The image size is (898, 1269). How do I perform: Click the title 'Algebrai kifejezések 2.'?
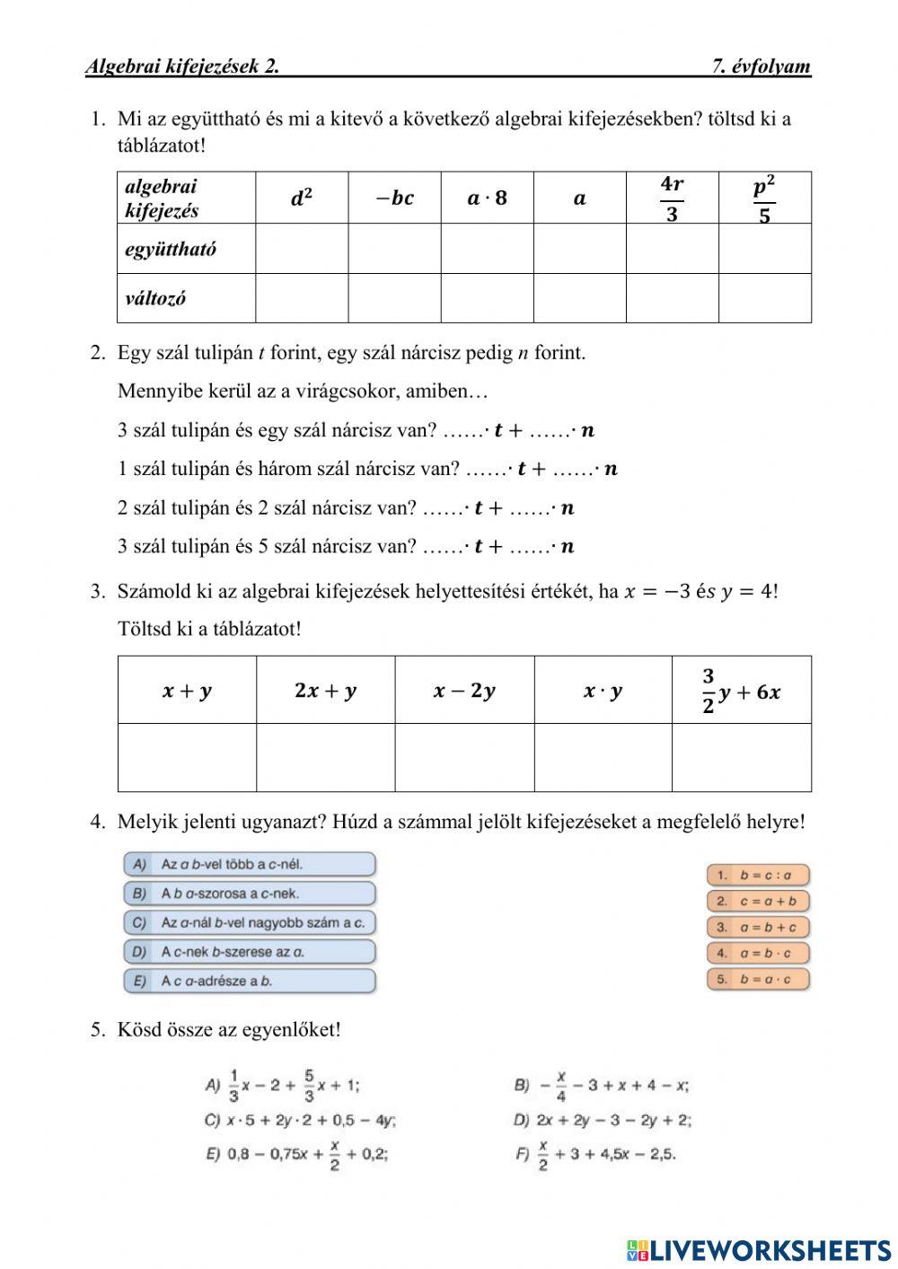coord(182,66)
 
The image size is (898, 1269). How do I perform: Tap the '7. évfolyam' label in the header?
coord(761,66)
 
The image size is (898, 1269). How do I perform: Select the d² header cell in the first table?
coord(302,198)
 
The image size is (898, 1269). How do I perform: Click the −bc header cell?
coord(394,198)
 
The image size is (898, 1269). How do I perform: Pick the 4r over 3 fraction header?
coord(672,198)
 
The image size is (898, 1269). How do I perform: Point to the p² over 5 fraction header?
coord(764,198)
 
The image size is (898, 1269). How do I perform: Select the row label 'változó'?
coord(155,298)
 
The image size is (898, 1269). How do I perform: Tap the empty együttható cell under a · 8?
coord(487,249)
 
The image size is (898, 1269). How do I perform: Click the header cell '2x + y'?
coord(325,691)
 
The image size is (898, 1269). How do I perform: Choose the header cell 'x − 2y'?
coord(464,691)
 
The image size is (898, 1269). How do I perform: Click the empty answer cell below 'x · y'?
coord(603,757)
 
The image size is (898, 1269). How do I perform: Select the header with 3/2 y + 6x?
coord(741,691)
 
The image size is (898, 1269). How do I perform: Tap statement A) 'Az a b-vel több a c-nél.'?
coord(250,865)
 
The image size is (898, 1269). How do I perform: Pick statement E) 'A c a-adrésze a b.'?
coord(250,981)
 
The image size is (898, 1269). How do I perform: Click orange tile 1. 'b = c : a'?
coord(758,875)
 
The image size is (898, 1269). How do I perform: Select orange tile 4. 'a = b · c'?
coord(758,953)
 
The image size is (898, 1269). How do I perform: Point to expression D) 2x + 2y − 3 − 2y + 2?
coord(603,1120)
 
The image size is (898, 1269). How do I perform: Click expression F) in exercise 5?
coord(595,1154)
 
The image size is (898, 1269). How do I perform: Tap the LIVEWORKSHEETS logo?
coord(759,1250)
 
